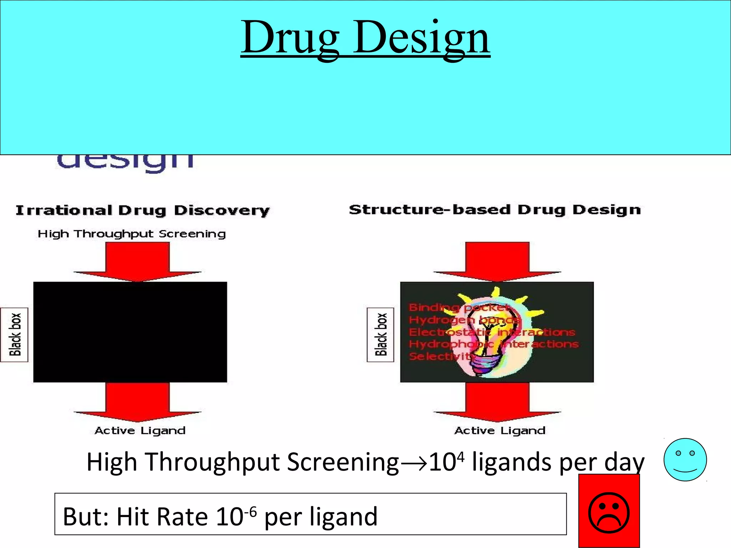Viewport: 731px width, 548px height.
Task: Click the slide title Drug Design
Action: click(x=365, y=37)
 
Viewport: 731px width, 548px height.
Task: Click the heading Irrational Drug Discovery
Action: click(x=142, y=210)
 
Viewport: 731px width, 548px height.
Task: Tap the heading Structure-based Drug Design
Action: click(x=495, y=210)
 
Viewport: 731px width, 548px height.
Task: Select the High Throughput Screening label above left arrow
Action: click(x=132, y=234)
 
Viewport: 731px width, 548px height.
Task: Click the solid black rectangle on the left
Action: click(x=130, y=332)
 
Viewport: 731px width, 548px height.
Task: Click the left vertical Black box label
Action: click(x=15, y=335)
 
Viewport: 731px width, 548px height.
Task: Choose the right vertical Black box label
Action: click(x=381, y=335)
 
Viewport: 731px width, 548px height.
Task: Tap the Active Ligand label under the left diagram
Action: click(x=140, y=431)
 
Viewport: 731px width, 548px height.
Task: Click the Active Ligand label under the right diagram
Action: click(x=500, y=431)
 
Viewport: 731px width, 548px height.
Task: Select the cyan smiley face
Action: click(x=685, y=460)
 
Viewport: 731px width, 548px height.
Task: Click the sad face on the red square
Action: click(x=609, y=513)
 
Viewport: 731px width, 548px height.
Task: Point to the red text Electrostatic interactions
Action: click(x=492, y=332)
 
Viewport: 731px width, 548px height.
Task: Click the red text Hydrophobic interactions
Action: click(x=494, y=344)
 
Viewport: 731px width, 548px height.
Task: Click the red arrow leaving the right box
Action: click(x=497, y=401)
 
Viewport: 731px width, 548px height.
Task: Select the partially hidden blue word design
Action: click(x=125, y=162)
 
